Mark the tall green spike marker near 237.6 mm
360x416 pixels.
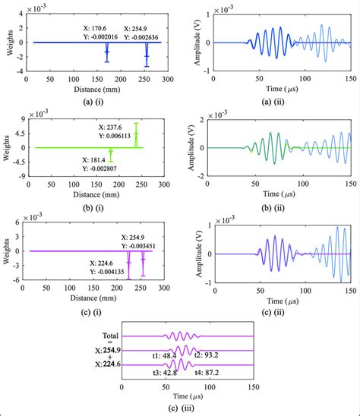136,135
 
